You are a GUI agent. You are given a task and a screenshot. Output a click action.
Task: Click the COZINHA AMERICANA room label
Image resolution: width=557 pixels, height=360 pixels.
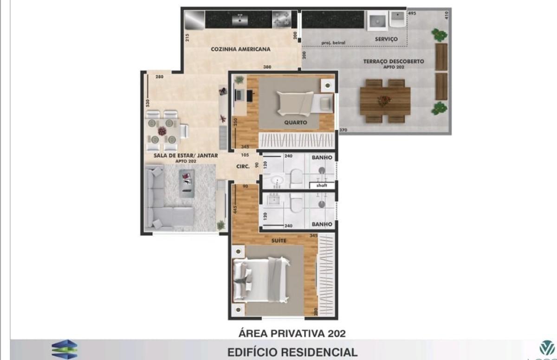click(x=240, y=49)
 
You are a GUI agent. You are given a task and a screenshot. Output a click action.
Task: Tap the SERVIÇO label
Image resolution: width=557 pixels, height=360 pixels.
click(x=386, y=39)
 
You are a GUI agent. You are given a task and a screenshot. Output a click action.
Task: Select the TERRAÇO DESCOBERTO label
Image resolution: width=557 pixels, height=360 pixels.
click(x=393, y=61)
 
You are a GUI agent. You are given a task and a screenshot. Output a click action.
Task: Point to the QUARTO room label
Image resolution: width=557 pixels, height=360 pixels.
click(x=296, y=123)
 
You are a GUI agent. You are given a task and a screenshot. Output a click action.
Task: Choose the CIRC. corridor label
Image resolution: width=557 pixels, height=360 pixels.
click(x=243, y=166)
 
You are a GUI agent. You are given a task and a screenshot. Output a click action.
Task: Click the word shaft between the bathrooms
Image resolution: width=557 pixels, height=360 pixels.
click(x=322, y=186)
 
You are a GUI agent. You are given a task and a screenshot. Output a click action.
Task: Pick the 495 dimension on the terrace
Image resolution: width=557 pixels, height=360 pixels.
click(x=412, y=13)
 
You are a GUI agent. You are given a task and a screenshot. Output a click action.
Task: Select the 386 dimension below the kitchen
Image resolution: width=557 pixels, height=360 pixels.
click(x=267, y=67)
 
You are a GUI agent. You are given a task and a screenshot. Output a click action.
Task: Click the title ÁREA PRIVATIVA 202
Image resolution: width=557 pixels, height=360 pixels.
click(x=292, y=333)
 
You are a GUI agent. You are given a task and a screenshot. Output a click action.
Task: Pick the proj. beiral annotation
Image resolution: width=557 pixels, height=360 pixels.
click(x=333, y=43)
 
